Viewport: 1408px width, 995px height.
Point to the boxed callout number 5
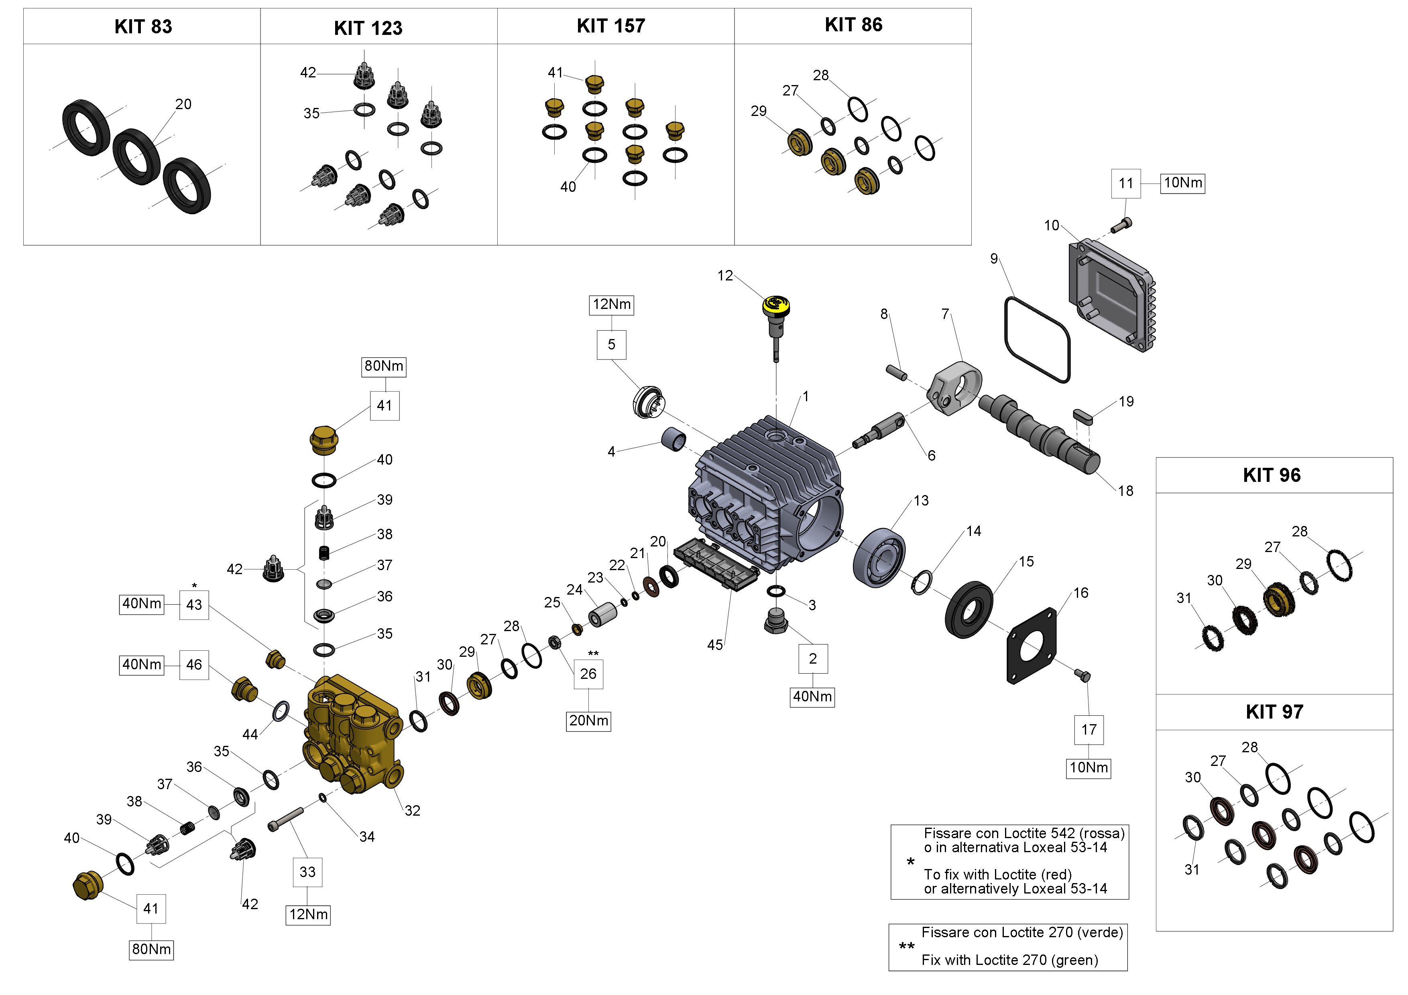[x=611, y=345]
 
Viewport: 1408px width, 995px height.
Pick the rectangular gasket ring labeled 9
[x=1037, y=339]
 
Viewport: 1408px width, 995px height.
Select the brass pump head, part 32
[x=353, y=733]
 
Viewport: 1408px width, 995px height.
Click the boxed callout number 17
[x=1089, y=729]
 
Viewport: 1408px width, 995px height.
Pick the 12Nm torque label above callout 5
[x=611, y=305]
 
